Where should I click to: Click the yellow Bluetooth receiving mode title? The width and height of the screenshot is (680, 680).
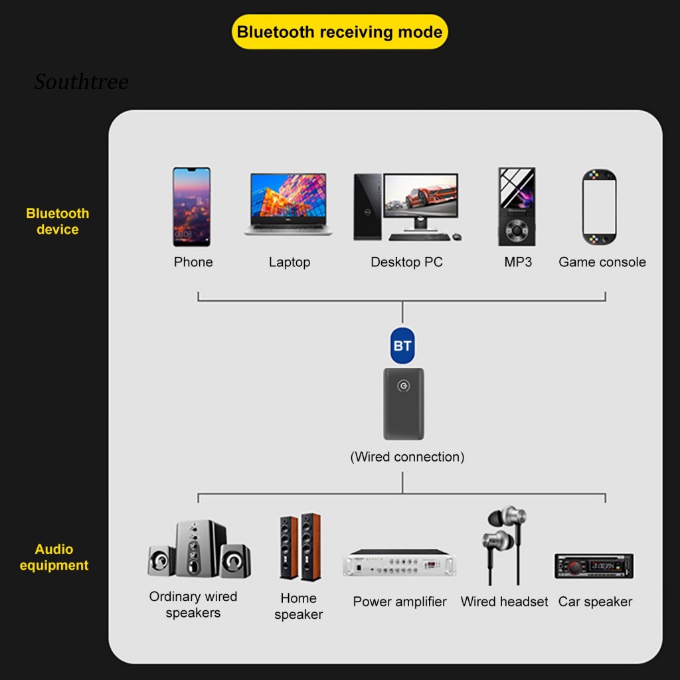339,32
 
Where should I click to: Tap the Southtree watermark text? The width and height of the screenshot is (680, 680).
81,82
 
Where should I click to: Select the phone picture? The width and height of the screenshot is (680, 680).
192,207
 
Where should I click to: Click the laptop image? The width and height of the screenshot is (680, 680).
288,204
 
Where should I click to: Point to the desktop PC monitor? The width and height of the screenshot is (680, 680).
421,198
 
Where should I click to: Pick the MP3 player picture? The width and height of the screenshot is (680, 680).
517,207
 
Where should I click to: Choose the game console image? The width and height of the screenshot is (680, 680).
599,207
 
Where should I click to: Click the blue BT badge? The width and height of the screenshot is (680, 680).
402,345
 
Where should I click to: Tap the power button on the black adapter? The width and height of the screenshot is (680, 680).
402,386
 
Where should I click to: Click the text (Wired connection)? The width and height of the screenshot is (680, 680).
407,457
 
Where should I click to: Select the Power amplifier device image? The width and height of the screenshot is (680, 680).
400,564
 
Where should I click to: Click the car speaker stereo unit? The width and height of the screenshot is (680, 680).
594,566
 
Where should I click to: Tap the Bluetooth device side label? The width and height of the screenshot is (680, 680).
57,221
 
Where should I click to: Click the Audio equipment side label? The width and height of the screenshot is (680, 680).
54,557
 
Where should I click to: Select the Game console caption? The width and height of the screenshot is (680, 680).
602,262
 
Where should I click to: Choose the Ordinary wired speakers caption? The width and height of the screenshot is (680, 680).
193,604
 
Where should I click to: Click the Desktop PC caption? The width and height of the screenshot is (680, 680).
406,262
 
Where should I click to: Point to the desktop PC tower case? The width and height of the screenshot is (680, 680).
367,207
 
